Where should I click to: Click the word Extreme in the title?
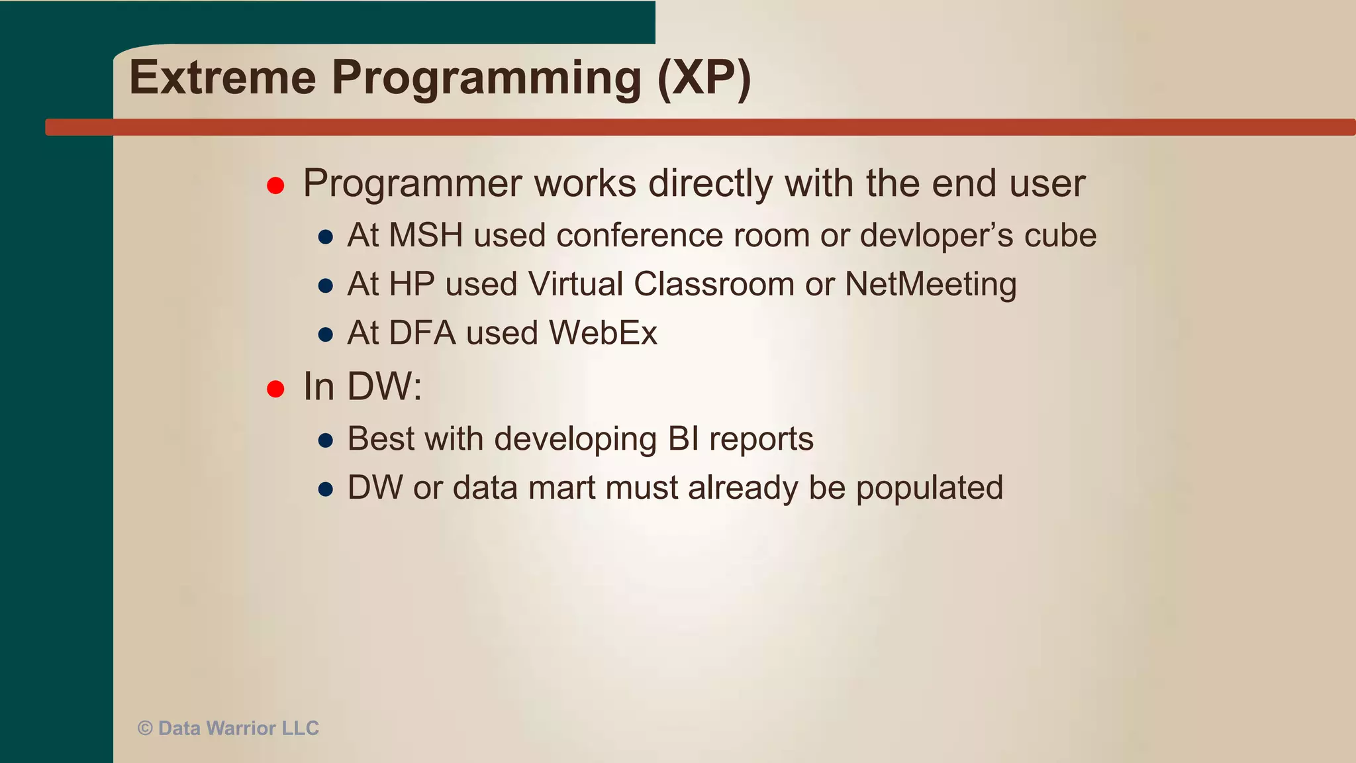(223, 77)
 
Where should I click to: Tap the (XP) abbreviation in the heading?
(704, 79)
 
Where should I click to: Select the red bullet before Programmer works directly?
(275, 185)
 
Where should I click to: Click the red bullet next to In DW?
(275, 389)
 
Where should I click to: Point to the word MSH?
(426, 236)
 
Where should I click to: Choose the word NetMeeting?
(930, 285)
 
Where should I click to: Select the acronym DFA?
(422, 333)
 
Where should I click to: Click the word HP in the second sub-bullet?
(411, 285)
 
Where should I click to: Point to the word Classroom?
(714, 285)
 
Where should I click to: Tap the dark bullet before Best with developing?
(325, 440)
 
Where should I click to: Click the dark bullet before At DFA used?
(325, 334)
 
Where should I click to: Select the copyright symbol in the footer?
(145, 729)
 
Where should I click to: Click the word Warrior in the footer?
(241, 729)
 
